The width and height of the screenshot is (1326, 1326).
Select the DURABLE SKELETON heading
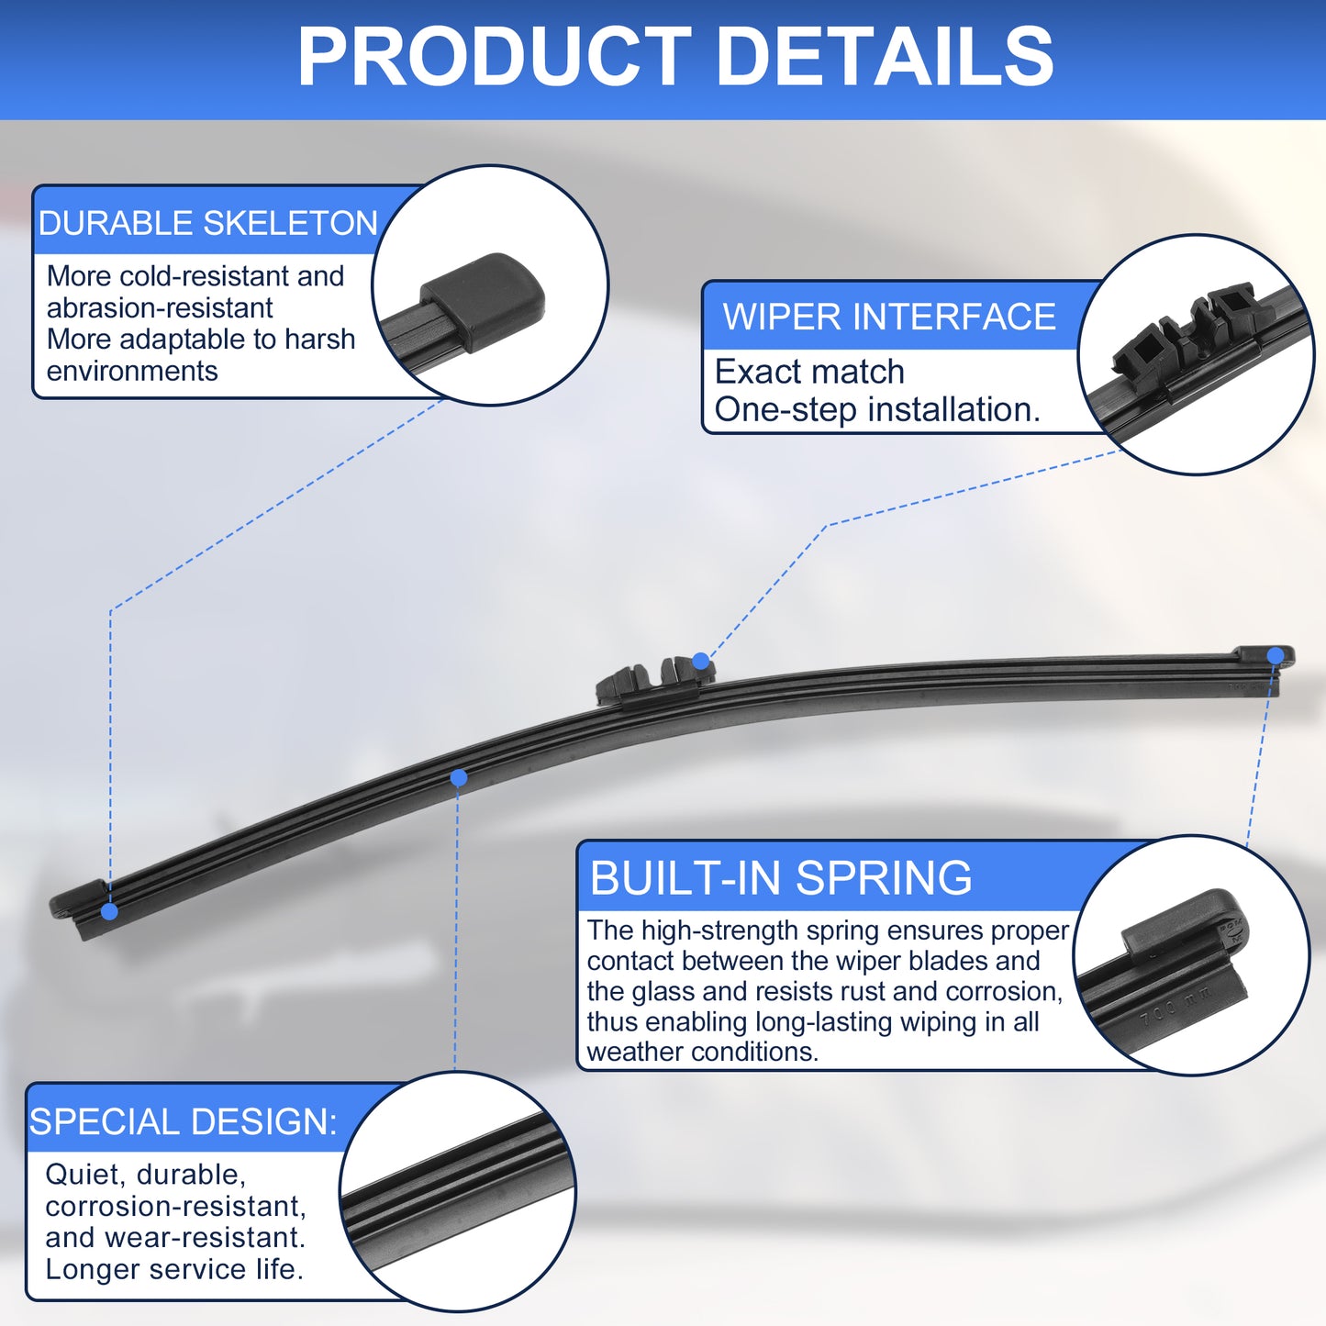coord(207,223)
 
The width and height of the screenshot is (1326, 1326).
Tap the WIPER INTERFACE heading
coord(889,317)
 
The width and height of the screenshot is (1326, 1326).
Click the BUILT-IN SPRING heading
coord(781,877)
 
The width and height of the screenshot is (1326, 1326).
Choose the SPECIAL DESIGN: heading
coord(183,1121)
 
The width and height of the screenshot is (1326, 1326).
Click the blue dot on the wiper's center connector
coord(700,662)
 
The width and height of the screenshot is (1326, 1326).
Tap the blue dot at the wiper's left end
coord(109,912)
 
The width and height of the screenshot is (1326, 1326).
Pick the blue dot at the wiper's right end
coord(1276,655)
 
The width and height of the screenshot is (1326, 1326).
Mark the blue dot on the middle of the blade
coord(458,778)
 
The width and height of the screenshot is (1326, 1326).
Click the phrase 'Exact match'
coord(809,372)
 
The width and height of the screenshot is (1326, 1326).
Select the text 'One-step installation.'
coord(877,409)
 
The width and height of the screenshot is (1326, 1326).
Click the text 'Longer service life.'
coord(174,1269)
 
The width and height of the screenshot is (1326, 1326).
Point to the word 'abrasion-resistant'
coord(160,307)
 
